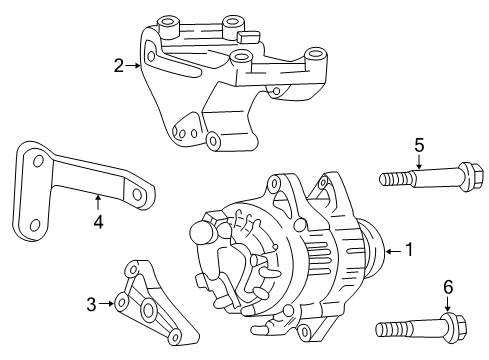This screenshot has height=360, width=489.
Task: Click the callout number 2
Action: click(x=119, y=66)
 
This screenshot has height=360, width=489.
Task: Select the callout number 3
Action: click(x=91, y=304)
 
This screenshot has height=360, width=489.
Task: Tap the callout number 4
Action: click(x=98, y=222)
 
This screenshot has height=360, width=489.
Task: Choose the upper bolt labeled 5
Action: click(x=415, y=180)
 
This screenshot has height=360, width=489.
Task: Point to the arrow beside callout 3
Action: click(x=106, y=304)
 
